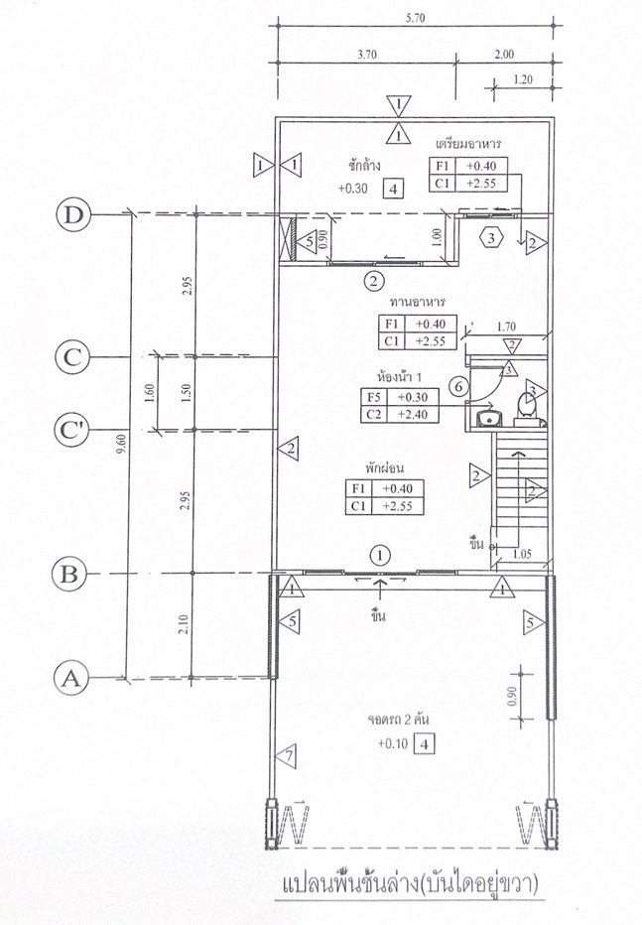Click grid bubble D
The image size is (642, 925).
[73, 214]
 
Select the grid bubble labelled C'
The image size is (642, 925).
[71, 431]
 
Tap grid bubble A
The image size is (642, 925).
[70, 679]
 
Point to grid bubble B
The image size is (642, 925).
[69, 574]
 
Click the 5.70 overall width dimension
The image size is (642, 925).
[415, 18]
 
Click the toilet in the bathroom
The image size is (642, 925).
[527, 408]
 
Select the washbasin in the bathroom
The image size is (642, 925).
[489, 418]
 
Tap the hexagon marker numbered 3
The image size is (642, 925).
[492, 238]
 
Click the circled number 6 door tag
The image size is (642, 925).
[459, 387]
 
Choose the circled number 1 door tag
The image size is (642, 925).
[381, 555]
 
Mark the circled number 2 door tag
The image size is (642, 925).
[374, 281]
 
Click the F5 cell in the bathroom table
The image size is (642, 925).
[374, 397]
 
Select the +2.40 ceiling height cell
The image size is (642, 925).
[413, 414]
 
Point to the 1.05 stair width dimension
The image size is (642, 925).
[522, 554]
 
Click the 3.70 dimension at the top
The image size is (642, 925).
[367, 55]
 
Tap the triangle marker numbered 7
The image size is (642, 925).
[286, 755]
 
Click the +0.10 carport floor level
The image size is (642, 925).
[393, 744]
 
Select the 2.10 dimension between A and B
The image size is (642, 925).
[183, 624]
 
